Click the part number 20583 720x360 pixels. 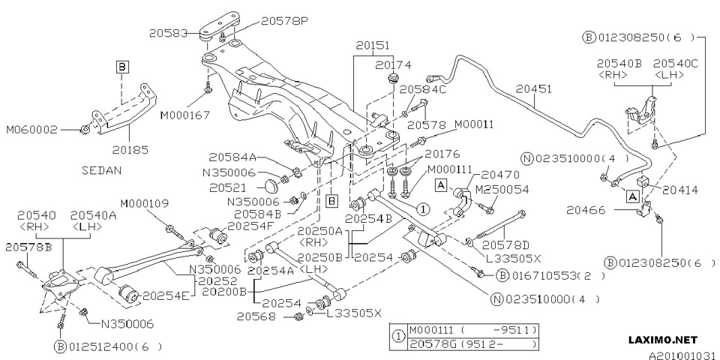169,33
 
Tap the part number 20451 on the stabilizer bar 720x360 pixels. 534,88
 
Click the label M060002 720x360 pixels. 32,129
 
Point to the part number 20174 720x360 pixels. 394,64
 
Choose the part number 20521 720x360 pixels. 226,186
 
